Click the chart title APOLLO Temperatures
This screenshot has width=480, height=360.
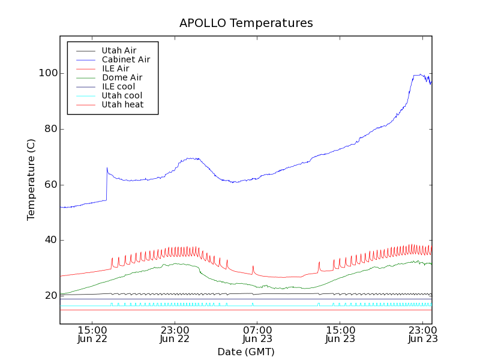246,23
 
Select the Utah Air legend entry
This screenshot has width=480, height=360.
119,50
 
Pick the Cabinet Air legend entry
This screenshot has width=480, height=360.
126,59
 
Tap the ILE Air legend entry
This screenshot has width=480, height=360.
115,68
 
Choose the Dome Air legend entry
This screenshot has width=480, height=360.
122,77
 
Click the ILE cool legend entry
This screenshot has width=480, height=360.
118,86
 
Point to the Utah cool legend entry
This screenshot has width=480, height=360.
122,95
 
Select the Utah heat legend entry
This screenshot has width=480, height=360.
122,104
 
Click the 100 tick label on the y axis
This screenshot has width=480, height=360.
47,73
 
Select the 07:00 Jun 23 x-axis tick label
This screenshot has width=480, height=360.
257,334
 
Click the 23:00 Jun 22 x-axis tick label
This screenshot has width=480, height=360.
175,334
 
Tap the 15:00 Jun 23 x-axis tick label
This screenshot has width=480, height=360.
340,334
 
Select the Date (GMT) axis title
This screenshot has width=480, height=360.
246,352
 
